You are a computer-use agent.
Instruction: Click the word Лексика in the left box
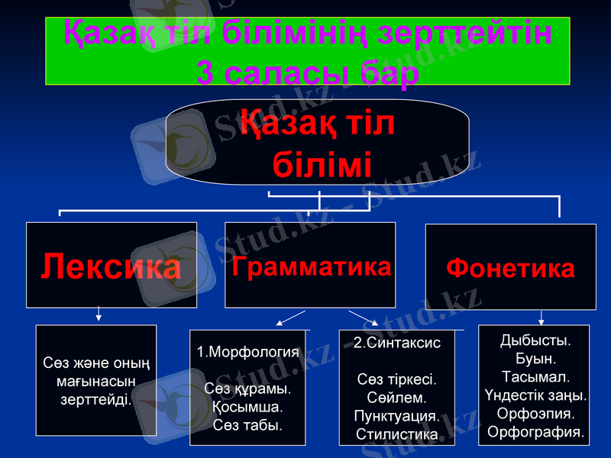coord(111,266)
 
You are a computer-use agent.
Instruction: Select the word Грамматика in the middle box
coord(310,266)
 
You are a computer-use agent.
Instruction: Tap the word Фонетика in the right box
coord(510,268)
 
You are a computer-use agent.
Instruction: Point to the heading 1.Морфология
coord(247,353)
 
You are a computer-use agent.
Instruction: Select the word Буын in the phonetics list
coord(532,358)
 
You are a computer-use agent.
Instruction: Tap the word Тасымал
coord(534,377)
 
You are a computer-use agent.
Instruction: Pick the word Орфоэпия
coord(534,414)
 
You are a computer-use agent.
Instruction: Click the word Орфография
coord(535,432)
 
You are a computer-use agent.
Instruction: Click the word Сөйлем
coord(396,398)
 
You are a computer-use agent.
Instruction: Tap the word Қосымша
coord(247,406)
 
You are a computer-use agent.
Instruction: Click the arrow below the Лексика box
coord(98,314)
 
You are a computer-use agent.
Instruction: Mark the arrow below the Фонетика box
coord(541,318)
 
